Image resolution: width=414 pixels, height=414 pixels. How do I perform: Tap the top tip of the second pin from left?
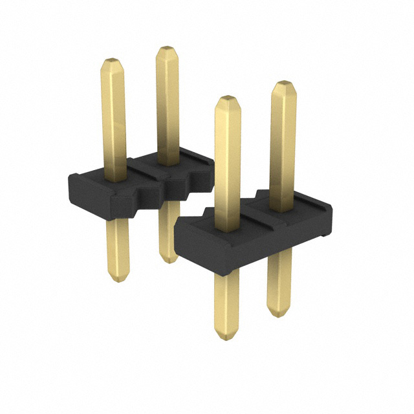pyautogui.click(x=166, y=49)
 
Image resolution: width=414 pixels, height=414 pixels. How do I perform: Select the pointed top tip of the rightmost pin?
pyautogui.click(x=282, y=83)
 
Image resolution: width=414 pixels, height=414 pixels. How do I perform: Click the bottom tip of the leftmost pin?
pyautogui.click(x=117, y=279)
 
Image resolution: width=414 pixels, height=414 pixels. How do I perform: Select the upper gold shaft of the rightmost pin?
pyautogui.click(x=283, y=142)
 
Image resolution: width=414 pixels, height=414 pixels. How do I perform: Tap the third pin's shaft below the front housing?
pyautogui.click(x=227, y=304)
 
